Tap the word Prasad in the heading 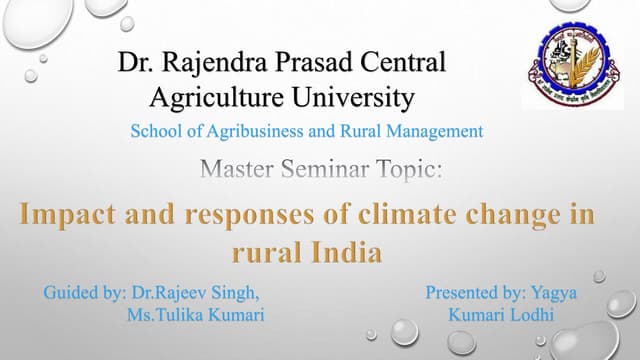pyautogui.click(x=316, y=64)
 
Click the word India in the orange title pyautogui.click(x=349, y=252)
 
